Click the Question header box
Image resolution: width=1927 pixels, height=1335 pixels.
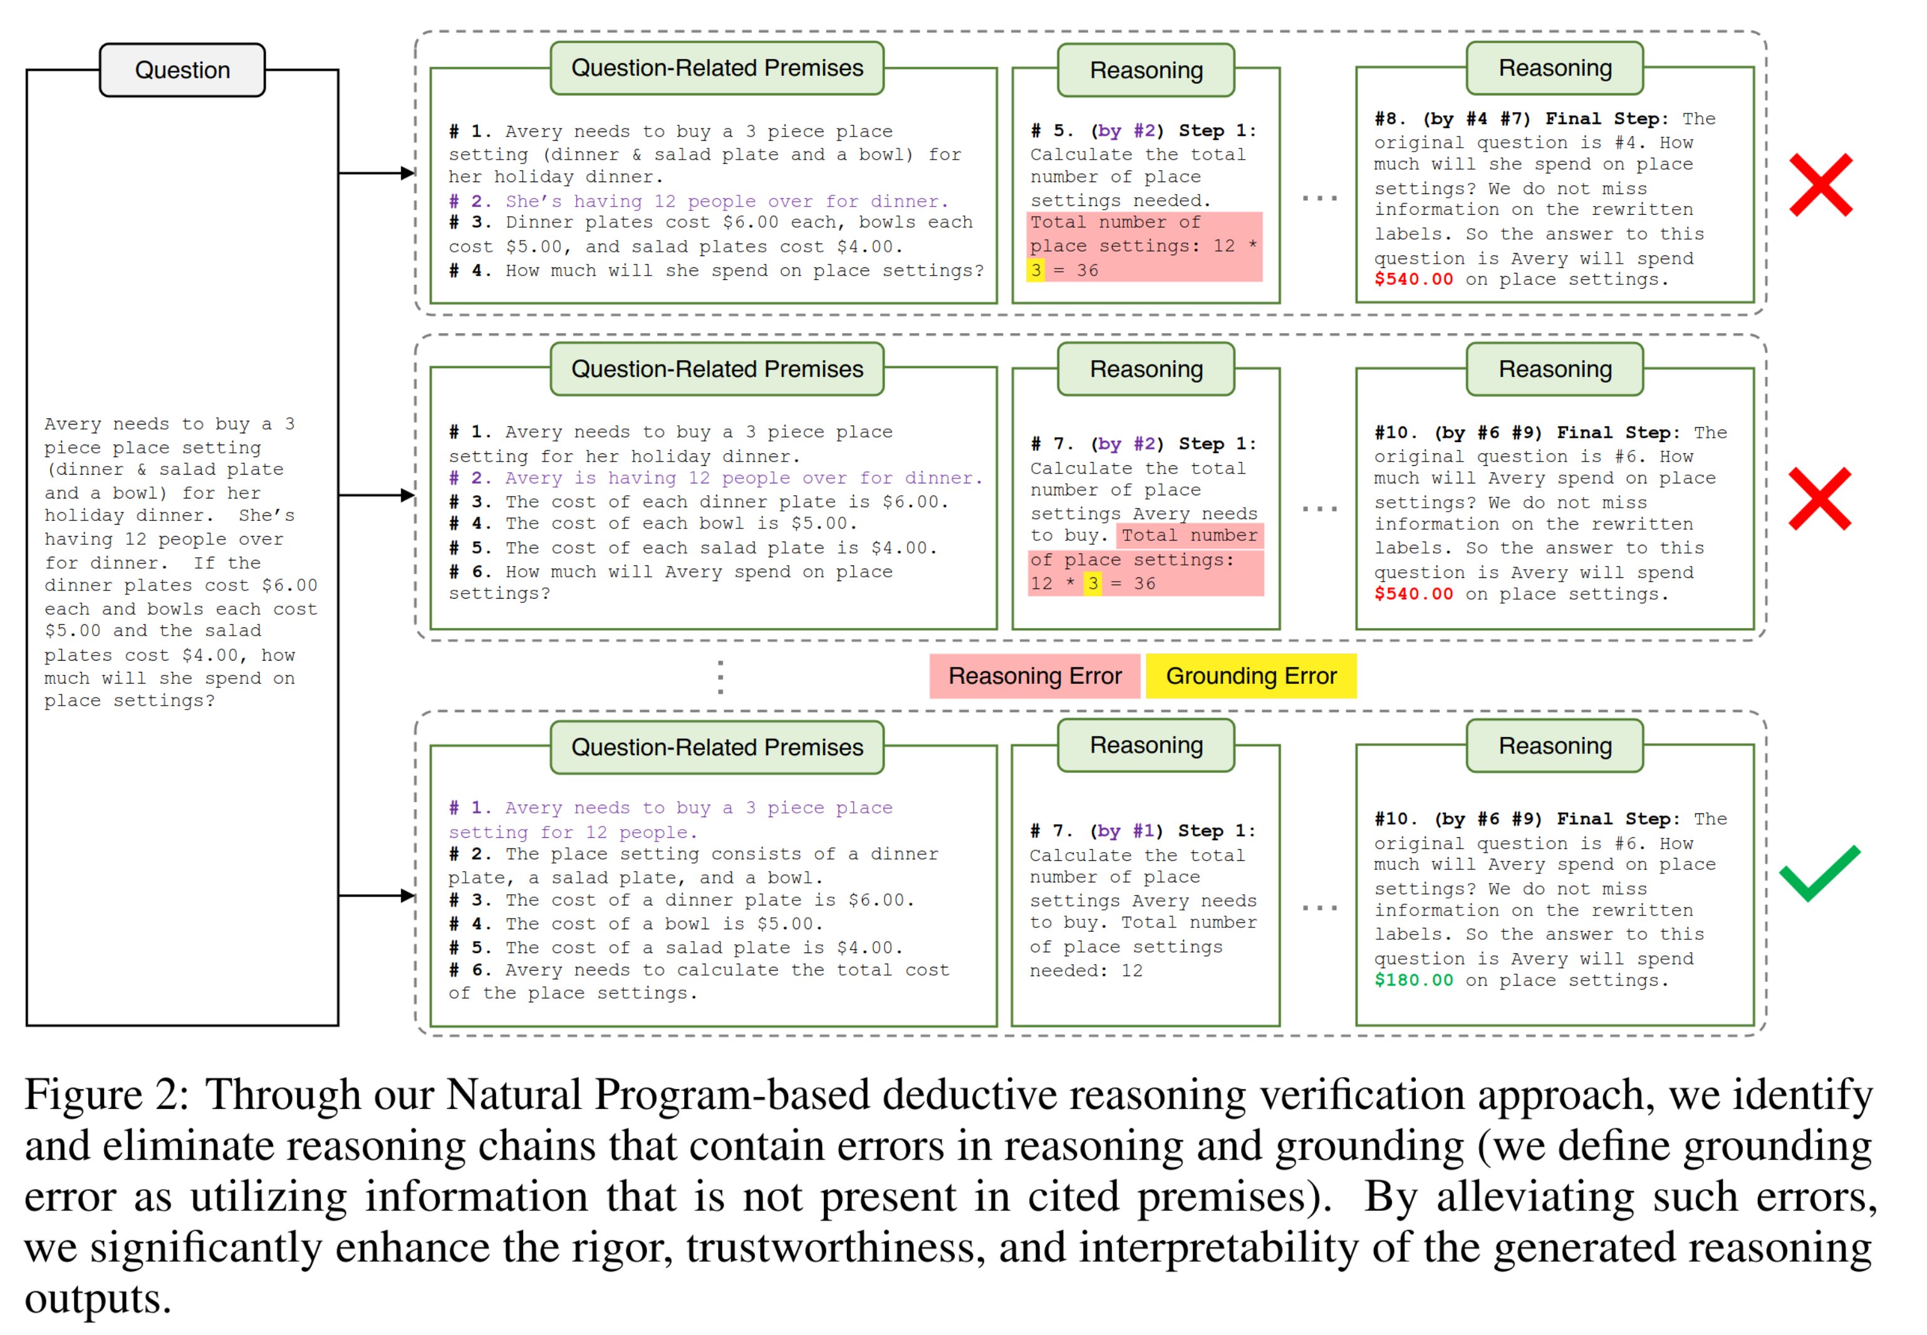182,70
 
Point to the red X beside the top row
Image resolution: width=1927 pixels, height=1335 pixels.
1820,185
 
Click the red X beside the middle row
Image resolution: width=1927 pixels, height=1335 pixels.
1819,498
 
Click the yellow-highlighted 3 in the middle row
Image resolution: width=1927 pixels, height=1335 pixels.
1092,583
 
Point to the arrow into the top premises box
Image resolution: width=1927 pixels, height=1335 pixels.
406,173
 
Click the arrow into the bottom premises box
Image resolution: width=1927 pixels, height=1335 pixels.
406,896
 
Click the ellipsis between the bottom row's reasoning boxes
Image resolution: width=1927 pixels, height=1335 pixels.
1319,907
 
